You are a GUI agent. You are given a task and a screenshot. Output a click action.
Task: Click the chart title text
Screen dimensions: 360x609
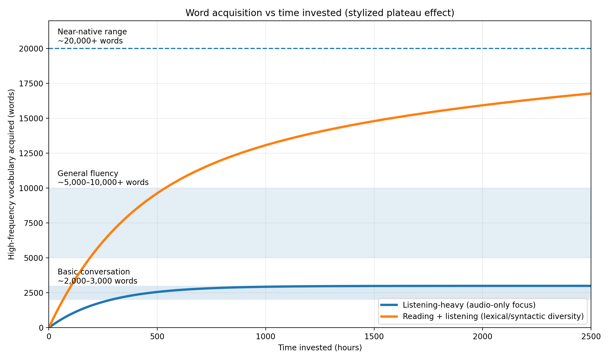[x=320, y=13]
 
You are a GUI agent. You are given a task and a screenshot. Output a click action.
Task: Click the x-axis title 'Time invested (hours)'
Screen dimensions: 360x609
[x=320, y=348]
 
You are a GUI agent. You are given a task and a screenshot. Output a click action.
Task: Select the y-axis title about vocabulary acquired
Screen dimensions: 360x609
[x=11, y=174]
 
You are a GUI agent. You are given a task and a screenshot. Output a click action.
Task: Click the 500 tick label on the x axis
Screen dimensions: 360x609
[x=157, y=337]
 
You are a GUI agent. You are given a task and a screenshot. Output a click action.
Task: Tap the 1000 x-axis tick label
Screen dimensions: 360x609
[x=265, y=337]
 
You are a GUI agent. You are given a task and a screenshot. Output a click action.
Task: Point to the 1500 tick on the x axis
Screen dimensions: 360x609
[x=374, y=337]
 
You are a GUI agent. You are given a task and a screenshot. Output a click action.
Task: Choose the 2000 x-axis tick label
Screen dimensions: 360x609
[x=482, y=337]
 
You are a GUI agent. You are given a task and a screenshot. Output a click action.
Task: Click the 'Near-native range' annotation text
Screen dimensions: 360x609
[x=92, y=32]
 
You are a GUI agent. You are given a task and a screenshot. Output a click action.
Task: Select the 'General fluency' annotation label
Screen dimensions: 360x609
[x=88, y=174]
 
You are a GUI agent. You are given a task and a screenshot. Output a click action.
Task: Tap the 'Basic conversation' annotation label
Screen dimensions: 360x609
[x=94, y=272]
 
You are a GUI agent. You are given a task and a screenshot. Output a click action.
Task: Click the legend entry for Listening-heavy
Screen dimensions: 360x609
[x=469, y=305]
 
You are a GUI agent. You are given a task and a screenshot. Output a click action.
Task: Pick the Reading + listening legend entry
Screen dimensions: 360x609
[x=493, y=316]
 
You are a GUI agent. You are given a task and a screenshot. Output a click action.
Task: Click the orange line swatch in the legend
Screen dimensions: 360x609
[x=389, y=316]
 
